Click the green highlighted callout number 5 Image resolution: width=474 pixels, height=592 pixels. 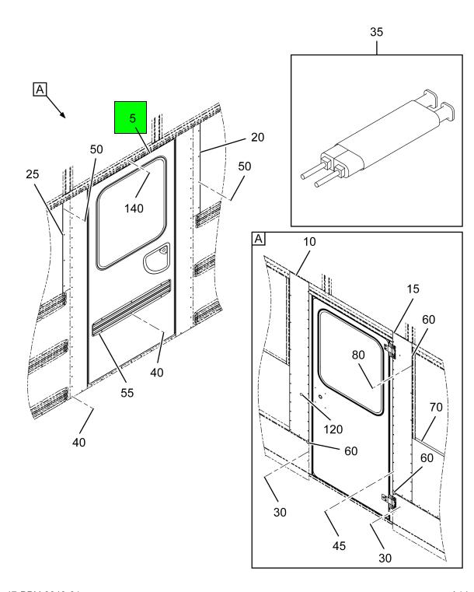[133, 119]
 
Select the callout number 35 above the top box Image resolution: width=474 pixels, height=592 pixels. [376, 33]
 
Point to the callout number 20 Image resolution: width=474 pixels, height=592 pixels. [257, 137]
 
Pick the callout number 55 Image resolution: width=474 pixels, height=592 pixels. [127, 392]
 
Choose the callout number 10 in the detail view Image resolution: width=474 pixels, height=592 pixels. [310, 243]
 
